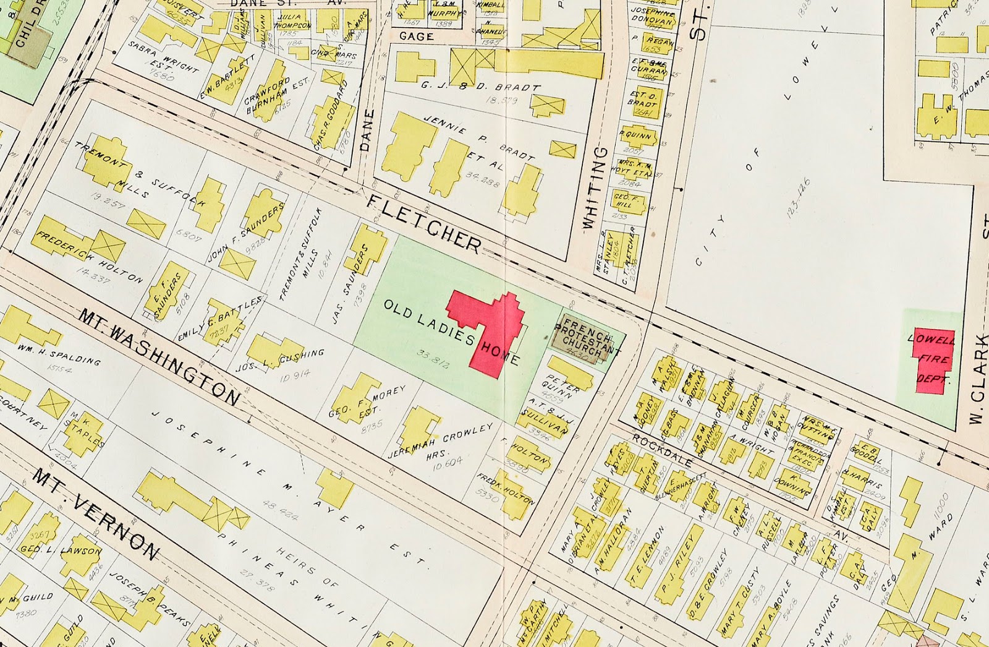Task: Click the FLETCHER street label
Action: point(424,225)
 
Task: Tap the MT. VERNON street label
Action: point(96,513)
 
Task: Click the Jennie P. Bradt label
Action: point(479,138)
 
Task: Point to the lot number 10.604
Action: point(447,462)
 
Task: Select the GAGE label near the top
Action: point(416,36)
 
